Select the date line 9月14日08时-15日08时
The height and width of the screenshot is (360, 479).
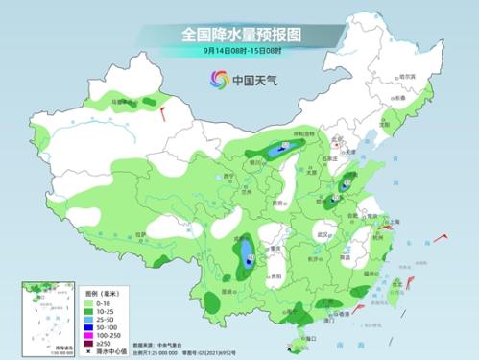click(240, 52)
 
